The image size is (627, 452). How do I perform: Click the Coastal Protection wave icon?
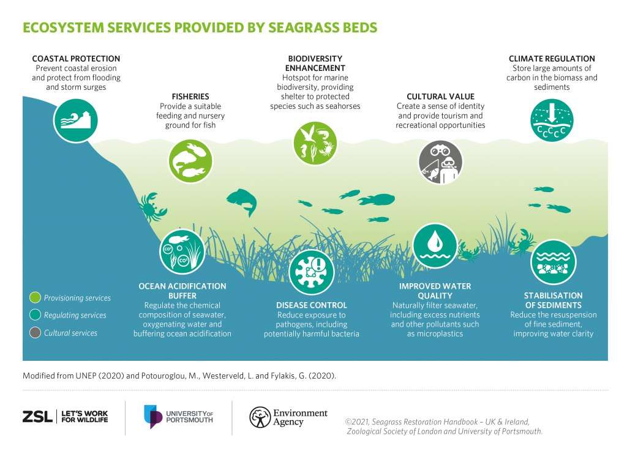click(75, 120)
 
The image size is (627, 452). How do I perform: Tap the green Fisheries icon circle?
click(190, 161)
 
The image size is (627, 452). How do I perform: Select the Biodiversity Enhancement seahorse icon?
click(315, 143)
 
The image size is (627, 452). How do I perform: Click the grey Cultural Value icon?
click(440, 163)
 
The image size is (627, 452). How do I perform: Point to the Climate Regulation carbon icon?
click(552, 120)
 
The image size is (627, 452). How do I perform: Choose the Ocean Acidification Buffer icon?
click(182, 251)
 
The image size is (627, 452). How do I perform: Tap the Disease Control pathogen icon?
click(312, 273)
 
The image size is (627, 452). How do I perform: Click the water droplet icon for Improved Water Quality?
click(435, 246)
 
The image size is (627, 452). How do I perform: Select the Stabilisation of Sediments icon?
click(554, 262)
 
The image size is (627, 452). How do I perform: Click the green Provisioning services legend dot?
click(35, 297)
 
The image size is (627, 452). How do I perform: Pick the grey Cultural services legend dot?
click(35, 333)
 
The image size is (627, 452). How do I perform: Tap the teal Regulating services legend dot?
click(35, 315)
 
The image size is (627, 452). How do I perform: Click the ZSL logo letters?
click(37, 417)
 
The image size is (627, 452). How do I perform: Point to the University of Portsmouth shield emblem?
click(152, 417)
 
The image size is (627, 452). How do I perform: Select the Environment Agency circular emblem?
click(260, 417)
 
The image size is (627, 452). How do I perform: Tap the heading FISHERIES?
click(190, 97)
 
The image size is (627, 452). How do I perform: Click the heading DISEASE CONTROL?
click(312, 305)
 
